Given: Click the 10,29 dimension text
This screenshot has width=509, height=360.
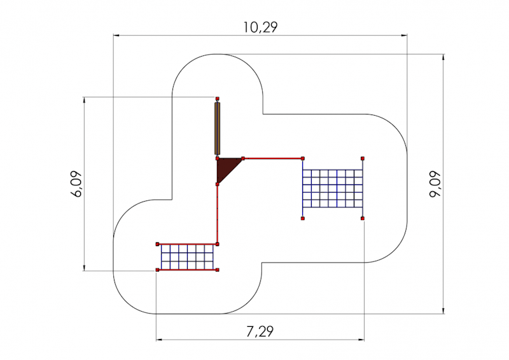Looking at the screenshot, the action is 261,27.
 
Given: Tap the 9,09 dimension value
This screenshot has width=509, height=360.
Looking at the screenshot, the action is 435,184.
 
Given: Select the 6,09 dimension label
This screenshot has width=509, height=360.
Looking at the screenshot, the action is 76,184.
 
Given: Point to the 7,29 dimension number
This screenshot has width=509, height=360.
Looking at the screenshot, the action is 260,331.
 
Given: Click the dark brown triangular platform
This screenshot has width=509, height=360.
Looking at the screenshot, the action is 225,168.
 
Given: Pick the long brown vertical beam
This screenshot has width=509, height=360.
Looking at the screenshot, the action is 217,128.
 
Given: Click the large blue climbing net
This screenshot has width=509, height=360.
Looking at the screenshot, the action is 332,188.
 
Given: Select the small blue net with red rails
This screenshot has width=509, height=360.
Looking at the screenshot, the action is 187,257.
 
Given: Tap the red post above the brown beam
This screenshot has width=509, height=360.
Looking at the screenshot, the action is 217,99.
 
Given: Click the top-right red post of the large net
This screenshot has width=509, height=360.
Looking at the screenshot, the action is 363,158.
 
